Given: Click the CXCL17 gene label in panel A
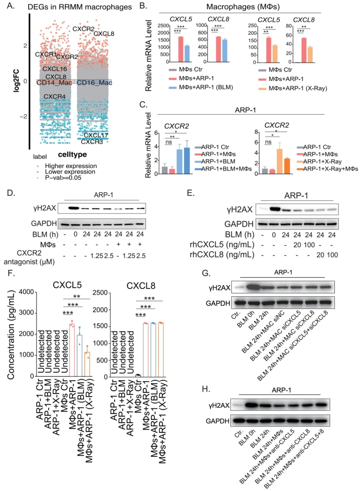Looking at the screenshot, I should pos(96,135).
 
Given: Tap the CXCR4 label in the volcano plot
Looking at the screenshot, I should pos(54,97).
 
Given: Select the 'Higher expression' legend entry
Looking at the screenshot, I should pos(71,166).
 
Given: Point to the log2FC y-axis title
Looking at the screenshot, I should pos(16,81).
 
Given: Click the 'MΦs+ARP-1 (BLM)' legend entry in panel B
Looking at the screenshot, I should pos(206,87).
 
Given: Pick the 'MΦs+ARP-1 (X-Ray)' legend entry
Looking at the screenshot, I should pos(297,89).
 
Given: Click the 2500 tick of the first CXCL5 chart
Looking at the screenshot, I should pos(163,26).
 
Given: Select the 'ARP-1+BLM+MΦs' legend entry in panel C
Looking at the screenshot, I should pos(226,169).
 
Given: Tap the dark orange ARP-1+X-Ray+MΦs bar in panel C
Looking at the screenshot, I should pos(287,166).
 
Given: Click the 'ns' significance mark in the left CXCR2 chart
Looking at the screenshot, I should pos(168,142).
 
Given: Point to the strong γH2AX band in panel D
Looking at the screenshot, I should pos(74,208).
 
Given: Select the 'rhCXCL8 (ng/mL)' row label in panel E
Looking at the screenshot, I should pos(222,255).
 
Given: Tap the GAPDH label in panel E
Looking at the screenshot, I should pos(239,224).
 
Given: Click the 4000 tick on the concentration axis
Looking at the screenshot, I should pos(26,292).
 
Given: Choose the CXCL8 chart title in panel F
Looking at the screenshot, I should pos(141,286).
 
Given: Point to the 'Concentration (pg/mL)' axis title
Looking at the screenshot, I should pos(11,335).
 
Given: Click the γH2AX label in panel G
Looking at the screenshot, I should pos(219,288).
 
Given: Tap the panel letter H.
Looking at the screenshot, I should pos(206,389).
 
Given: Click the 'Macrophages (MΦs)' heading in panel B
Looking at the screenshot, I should pos(243,7).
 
